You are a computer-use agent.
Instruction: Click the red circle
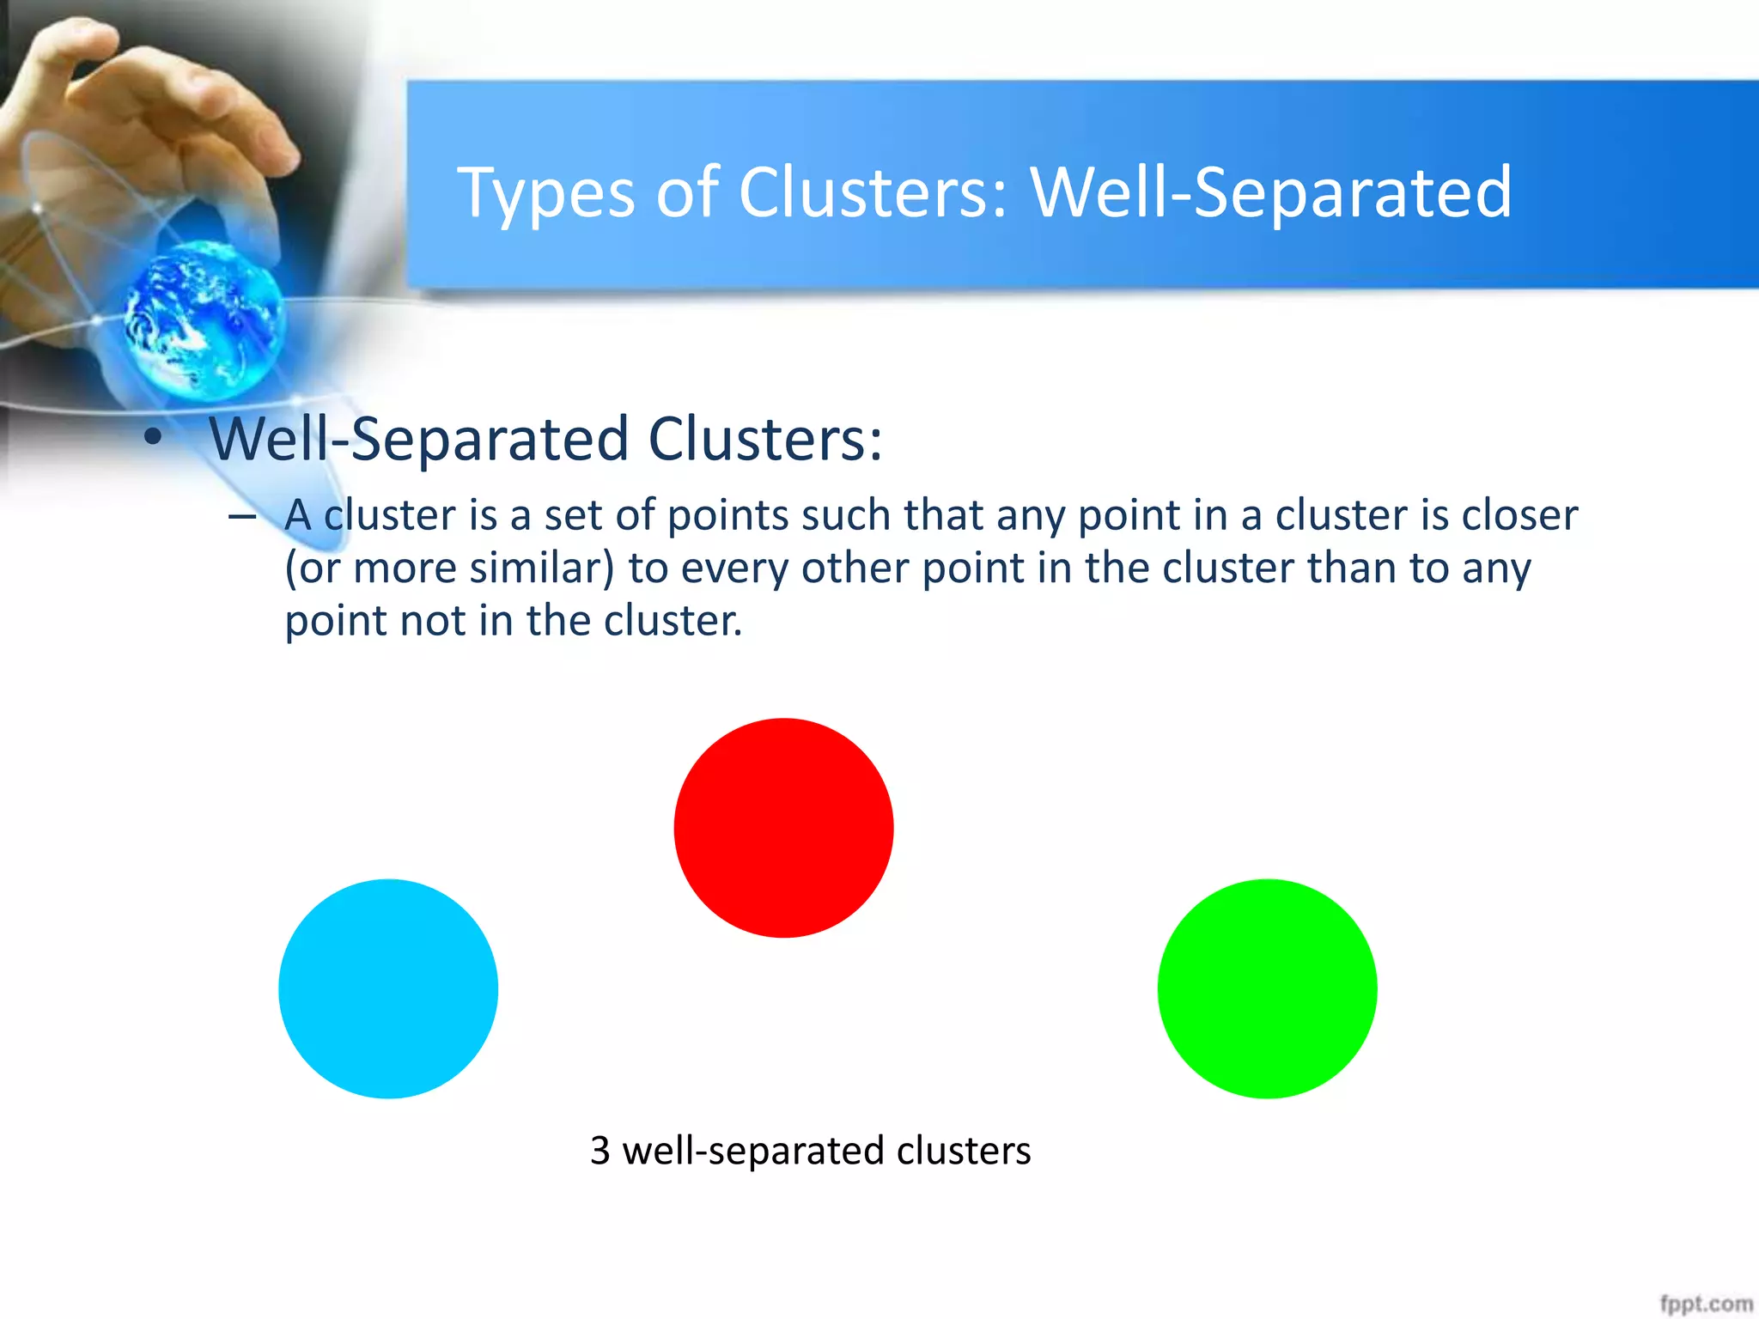(x=783, y=828)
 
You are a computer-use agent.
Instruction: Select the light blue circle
(x=388, y=988)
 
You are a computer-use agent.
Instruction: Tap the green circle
(x=1267, y=988)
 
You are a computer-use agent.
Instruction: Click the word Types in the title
(x=546, y=194)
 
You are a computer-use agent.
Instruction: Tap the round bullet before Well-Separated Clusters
(x=153, y=438)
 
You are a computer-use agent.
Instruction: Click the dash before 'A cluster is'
(x=242, y=516)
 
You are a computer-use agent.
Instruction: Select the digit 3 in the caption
(x=600, y=1151)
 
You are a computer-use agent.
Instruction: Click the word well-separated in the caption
(x=752, y=1152)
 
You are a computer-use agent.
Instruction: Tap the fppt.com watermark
(x=1705, y=1304)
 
